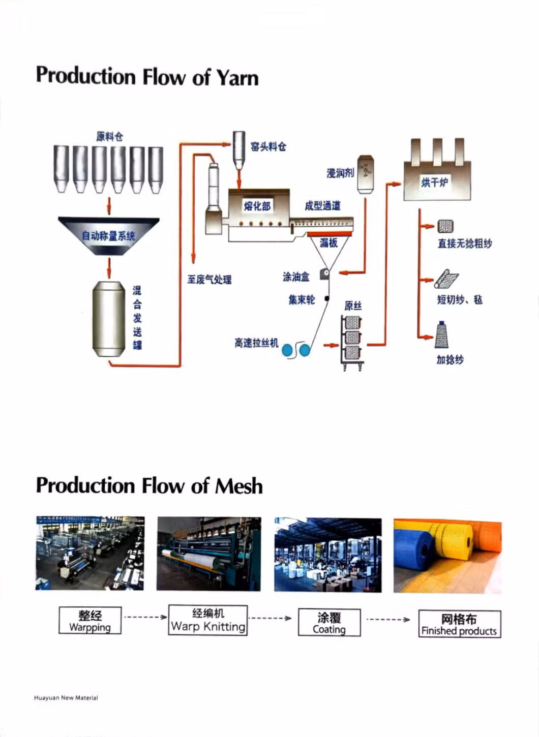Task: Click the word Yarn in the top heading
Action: click(237, 77)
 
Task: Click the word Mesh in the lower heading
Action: click(238, 486)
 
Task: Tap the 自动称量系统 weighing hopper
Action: click(108, 236)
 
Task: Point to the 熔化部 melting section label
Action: click(257, 205)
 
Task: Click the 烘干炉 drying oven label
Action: click(435, 182)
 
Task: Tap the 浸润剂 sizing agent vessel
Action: click(366, 174)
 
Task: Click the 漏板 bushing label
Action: click(328, 243)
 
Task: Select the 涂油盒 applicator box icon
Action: click(324, 274)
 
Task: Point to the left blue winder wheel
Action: click(288, 350)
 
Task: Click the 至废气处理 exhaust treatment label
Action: click(209, 279)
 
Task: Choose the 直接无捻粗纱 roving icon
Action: click(445, 226)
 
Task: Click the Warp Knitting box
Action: click(208, 620)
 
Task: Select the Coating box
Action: click(329, 623)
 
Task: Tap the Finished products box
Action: click(459, 624)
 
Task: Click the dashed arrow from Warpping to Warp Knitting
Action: click(145, 617)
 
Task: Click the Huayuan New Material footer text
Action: click(66, 698)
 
